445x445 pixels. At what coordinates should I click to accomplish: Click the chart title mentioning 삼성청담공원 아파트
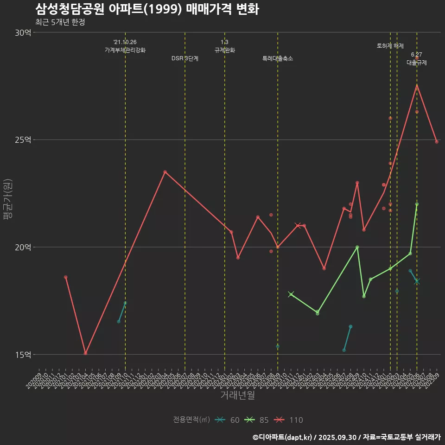point(147,9)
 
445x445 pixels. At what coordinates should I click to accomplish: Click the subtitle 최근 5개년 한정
point(60,22)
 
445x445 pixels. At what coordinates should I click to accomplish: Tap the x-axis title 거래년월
point(237,395)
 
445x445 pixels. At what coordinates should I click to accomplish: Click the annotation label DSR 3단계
point(185,59)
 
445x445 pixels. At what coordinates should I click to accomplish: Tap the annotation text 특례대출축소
point(278,59)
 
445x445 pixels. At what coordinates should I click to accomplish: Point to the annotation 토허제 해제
point(390,46)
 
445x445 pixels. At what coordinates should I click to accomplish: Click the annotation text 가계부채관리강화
point(125,50)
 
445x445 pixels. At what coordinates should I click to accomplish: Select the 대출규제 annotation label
point(417,62)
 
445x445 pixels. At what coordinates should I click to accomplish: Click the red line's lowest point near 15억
point(85,353)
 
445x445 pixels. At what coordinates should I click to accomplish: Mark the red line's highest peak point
point(417,85)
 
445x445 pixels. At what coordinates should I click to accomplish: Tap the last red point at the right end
point(437,142)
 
